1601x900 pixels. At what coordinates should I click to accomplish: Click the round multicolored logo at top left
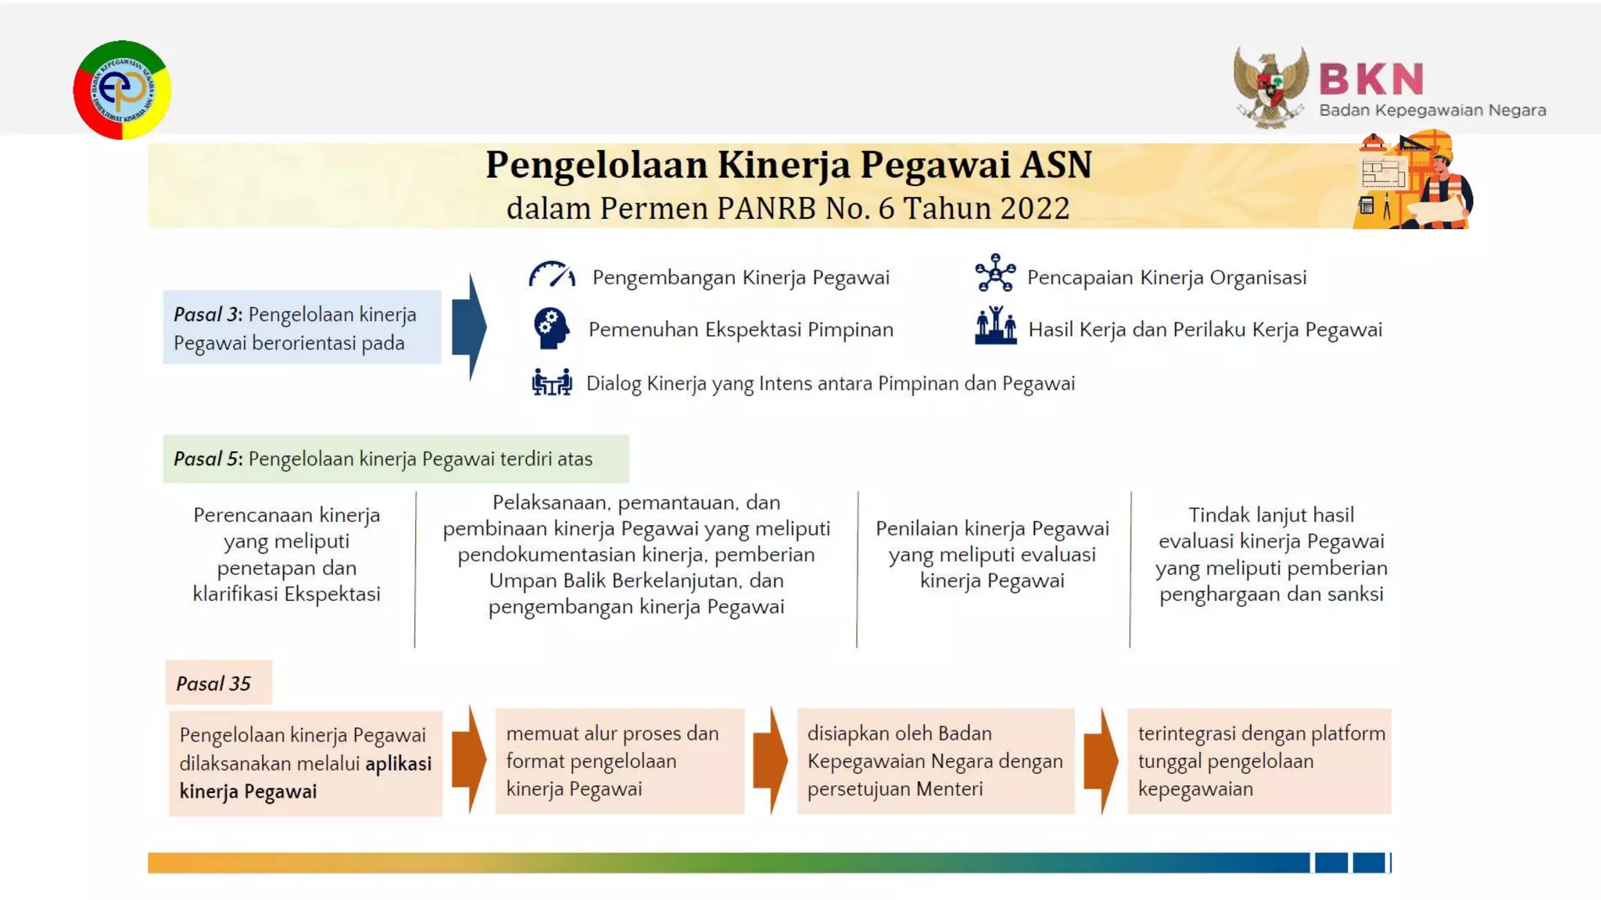(x=122, y=90)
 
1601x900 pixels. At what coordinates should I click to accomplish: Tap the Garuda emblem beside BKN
(x=1270, y=86)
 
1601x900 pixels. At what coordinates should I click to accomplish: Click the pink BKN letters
(x=1371, y=79)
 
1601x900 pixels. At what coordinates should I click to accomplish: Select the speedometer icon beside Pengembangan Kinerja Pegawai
(x=552, y=276)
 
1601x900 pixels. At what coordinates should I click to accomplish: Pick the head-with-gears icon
(x=551, y=328)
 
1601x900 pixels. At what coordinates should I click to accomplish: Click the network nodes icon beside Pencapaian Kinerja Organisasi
(x=995, y=273)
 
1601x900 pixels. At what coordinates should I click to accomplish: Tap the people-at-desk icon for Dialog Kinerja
(x=551, y=382)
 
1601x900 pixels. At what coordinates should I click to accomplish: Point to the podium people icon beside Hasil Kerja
(x=995, y=326)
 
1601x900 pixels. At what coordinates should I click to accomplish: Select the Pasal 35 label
(x=213, y=684)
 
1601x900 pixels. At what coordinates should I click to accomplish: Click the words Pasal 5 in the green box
(x=207, y=459)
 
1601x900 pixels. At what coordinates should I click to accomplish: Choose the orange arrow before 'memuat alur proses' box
(x=469, y=760)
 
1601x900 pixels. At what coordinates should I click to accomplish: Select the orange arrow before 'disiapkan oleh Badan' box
(x=771, y=760)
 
